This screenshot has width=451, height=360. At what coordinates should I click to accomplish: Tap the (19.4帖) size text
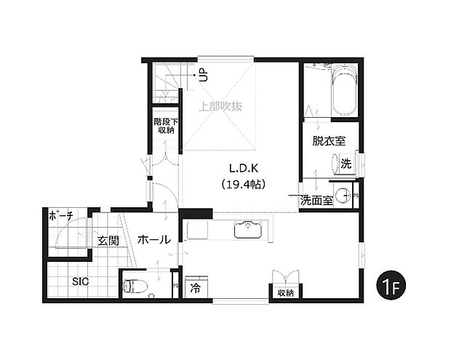241,185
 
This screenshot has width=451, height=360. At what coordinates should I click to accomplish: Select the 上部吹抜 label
220,106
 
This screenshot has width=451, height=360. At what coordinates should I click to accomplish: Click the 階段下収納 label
164,126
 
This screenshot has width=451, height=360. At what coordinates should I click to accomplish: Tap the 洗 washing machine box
346,164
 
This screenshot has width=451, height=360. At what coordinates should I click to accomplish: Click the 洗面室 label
317,200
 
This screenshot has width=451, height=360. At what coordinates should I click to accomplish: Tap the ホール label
153,239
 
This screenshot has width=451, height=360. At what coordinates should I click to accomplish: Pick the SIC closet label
81,281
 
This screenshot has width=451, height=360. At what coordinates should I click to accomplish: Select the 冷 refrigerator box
195,288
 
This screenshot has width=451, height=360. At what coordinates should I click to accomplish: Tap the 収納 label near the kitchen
285,293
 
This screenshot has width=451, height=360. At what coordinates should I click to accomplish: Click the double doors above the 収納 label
285,279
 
